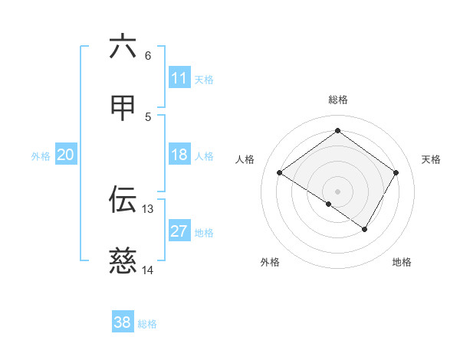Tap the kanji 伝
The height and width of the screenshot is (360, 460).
point(123,199)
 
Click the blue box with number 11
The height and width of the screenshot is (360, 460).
point(179,78)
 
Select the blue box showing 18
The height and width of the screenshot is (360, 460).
point(179,155)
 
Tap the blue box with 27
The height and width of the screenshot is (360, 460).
point(179,231)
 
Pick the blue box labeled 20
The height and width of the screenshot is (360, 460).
point(65,155)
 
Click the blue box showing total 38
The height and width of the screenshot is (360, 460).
point(123,322)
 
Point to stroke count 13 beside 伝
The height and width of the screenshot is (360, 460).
point(148,209)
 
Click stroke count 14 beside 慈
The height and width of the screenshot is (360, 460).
point(148,270)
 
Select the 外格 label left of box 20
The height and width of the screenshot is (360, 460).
point(41,155)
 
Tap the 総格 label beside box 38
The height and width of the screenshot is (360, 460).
point(147,324)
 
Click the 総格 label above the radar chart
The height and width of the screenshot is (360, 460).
point(337,100)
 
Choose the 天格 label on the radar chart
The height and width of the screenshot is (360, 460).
point(432,159)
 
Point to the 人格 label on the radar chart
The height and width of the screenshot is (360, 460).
point(245,159)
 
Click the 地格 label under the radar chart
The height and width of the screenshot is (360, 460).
point(402,262)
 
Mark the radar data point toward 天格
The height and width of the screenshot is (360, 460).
point(396,173)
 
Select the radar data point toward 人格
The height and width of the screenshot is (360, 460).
point(280,173)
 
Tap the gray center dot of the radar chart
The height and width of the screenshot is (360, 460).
point(337,191)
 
